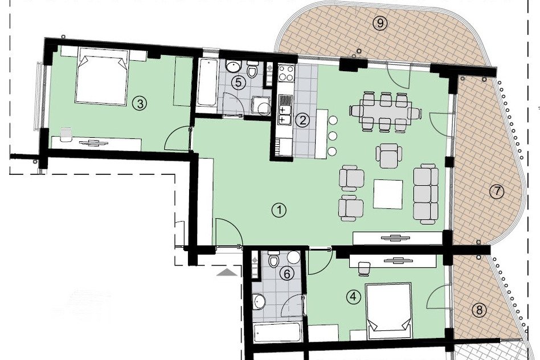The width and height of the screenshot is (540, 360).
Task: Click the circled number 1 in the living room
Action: (279, 210)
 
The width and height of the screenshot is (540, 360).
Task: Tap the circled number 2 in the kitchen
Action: (303, 120)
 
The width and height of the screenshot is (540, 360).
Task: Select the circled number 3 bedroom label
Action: (140, 103)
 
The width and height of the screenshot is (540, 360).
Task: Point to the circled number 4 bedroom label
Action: (354, 296)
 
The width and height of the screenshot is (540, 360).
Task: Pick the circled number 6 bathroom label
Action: (287, 274)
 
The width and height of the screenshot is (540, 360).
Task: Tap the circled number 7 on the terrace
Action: (497, 191)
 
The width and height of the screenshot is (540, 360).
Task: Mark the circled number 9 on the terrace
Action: (380, 23)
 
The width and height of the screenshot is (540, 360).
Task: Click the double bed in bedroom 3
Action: (101, 76)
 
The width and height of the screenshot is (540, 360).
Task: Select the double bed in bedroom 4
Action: (389, 312)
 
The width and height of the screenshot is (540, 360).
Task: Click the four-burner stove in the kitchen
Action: (287, 73)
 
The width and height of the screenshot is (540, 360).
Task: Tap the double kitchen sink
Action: (285, 111)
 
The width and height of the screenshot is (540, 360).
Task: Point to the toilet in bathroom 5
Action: (253, 69)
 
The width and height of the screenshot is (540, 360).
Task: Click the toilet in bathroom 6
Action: (274, 259)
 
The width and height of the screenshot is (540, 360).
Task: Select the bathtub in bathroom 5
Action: (207, 83)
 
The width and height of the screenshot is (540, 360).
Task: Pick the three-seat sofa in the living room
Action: (426, 194)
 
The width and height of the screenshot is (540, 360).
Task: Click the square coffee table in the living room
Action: (388, 194)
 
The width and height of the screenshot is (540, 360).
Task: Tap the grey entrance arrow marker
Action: (227, 273)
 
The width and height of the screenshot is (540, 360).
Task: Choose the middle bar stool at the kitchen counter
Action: (333, 136)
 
